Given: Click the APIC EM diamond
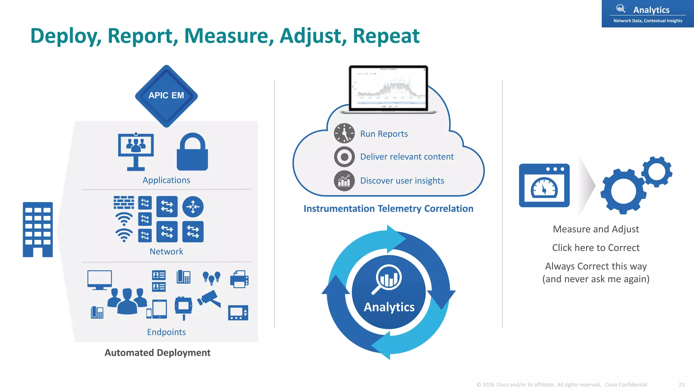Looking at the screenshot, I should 166,96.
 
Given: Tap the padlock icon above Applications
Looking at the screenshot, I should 192,152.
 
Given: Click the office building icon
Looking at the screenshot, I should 38,229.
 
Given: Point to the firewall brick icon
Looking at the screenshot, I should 124,203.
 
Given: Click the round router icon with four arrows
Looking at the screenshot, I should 193,206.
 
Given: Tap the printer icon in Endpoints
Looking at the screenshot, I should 239,279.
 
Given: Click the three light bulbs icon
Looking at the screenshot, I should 211,278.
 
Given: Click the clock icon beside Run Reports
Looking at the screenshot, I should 344,133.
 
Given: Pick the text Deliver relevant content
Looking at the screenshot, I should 407,157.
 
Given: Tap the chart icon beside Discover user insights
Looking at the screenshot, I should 344,181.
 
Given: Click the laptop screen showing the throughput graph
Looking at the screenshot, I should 388,88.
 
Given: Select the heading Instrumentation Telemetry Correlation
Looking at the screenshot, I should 388,209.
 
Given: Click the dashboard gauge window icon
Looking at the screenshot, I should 544,186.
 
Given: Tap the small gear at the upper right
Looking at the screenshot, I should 657,172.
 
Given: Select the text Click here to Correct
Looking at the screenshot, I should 596,248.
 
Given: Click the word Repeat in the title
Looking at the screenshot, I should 386,36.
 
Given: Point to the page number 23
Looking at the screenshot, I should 681,385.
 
